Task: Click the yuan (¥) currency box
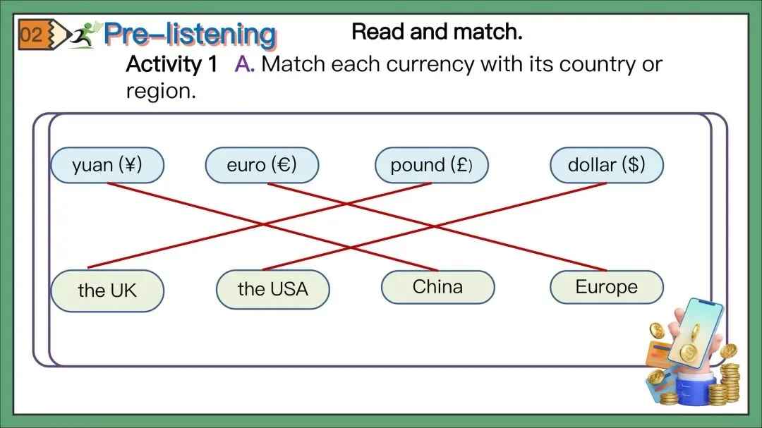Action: pyautogui.click(x=107, y=166)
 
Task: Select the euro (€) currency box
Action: pyautogui.click(x=262, y=166)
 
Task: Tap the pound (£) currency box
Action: pyautogui.click(x=431, y=166)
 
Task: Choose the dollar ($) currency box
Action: pyautogui.click(x=606, y=166)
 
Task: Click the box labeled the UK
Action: pyautogui.click(x=107, y=291)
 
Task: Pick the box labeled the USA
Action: pyautogui.click(x=272, y=289)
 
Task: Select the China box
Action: pyautogui.click(x=437, y=287)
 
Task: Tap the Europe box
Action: pyautogui.click(x=606, y=287)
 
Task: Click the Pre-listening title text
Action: pyautogui.click(x=189, y=34)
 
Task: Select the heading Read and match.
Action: pyautogui.click(x=437, y=32)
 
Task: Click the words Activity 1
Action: pyautogui.click(x=171, y=65)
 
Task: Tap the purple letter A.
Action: pyautogui.click(x=244, y=65)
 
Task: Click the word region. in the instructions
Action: pyautogui.click(x=160, y=91)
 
